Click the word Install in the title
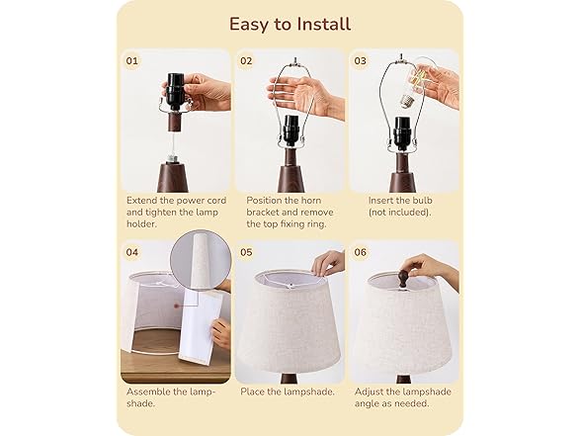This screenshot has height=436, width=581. pyautogui.click(x=324, y=25)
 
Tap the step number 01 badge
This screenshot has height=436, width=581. pyautogui.click(x=132, y=61)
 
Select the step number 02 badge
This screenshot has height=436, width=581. pyautogui.click(x=246, y=61)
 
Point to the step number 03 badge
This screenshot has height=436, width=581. pyautogui.click(x=360, y=61)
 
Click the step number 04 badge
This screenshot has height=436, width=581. pyautogui.click(x=132, y=252)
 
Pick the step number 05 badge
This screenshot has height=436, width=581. pyautogui.click(x=246, y=252)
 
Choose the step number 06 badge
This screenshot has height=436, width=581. pyautogui.click(x=360, y=252)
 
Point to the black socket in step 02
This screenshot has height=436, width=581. pyautogui.click(x=293, y=132)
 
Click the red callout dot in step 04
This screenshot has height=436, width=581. pyautogui.click(x=177, y=306)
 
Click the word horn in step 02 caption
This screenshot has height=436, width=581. pyautogui.click(x=311, y=200)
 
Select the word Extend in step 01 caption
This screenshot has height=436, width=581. pyautogui.click(x=141, y=200)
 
